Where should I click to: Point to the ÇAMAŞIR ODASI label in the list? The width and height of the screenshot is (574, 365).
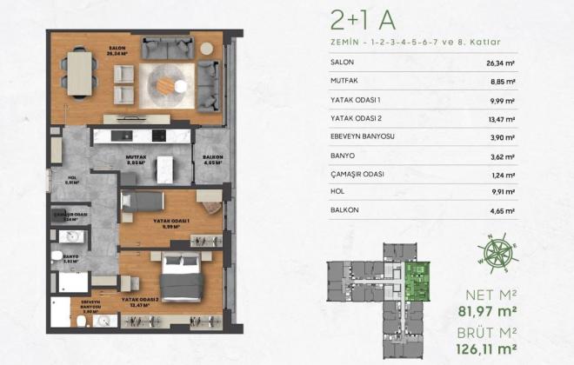(359, 175)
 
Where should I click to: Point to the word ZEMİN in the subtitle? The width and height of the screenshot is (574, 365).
(346, 41)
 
